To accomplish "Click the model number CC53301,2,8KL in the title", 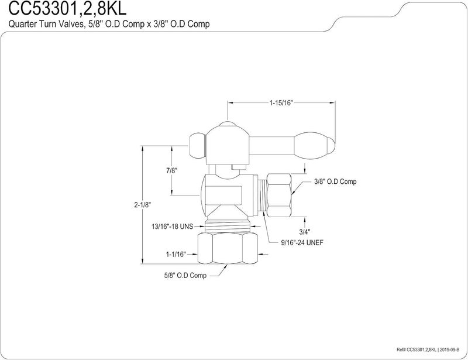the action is coord(67,8).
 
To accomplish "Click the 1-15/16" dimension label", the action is coord(281,103).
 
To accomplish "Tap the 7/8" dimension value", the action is coord(171,170).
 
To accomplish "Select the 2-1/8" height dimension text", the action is coord(143,205).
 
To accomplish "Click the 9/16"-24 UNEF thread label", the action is coord(302,242).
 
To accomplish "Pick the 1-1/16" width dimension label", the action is coord(176,255).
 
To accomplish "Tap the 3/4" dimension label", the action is coord(304,231).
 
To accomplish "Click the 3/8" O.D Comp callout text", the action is coord(335,181).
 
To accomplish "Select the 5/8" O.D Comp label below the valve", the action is coord(185,276).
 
